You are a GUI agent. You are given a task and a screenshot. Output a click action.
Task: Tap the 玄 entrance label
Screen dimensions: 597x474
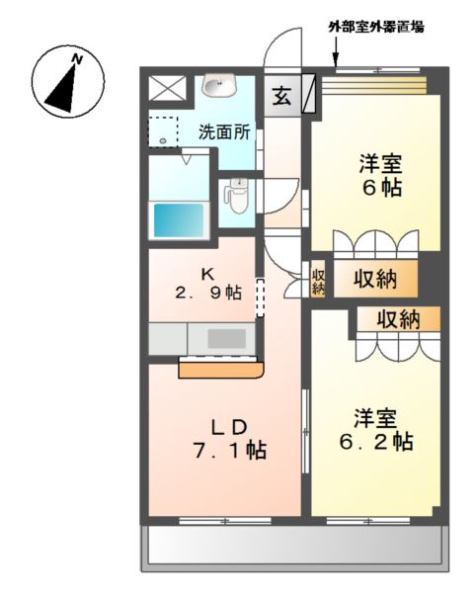pyautogui.click(x=282, y=97)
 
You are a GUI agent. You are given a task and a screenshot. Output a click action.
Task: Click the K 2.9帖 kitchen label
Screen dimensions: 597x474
pyautogui.click(x=207, y=284)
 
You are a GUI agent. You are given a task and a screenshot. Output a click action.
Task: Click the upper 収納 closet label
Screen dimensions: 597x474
pyautogui.click(x=374, y=280)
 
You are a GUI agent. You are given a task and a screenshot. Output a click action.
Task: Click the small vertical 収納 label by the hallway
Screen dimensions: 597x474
pyautogui.click(x=318, y=281)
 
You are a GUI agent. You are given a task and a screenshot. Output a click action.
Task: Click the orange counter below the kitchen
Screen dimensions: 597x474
pyautogui.click(x=221, y=369)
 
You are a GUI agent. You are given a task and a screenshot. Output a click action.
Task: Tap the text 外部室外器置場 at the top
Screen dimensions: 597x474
pyautogui.click(x=376, y=28)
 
